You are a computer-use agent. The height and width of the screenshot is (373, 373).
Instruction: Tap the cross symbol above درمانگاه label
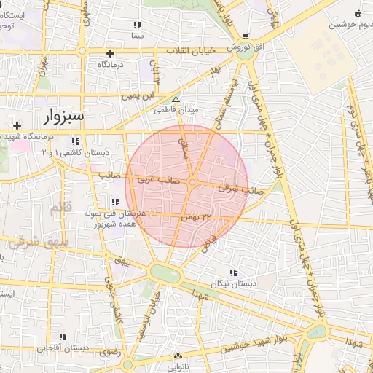(x=110, y=53)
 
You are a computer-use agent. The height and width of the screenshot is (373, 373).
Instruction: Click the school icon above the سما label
(x=137, y=25)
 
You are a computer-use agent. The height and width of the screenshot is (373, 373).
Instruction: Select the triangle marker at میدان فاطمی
(x=175, y=99)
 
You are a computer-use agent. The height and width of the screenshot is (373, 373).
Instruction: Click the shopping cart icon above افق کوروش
(x=246, y=36)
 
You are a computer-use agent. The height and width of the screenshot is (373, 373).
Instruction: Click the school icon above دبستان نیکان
(x=232, y=272)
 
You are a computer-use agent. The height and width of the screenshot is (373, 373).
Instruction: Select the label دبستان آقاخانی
(x=64, y=348)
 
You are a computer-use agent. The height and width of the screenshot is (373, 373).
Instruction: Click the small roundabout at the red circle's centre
(x=192, y=182)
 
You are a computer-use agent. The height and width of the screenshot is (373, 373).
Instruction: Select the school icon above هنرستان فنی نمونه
(x=114, y=202)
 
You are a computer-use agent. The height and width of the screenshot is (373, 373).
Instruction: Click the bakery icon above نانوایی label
(x=178, y=356)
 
